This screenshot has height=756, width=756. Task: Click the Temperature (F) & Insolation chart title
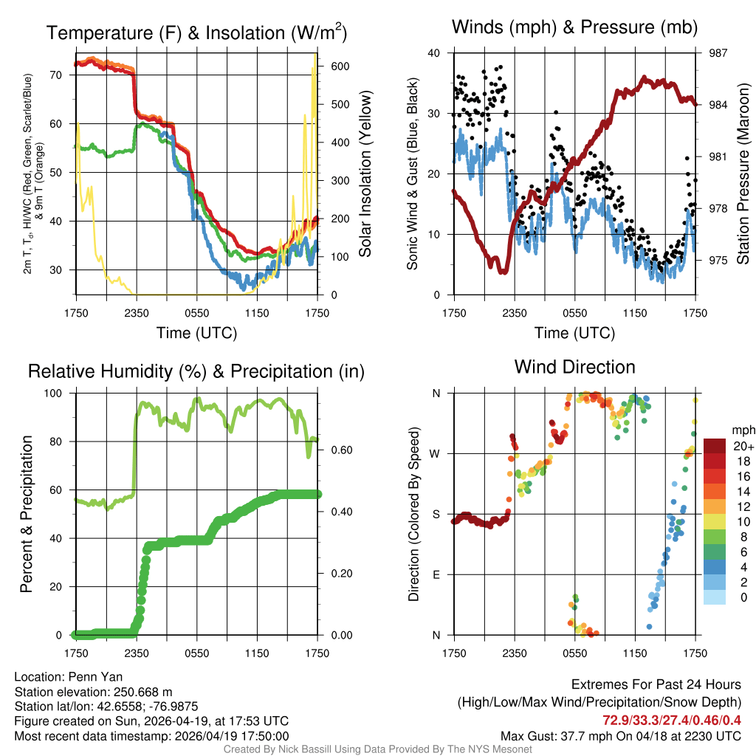197,32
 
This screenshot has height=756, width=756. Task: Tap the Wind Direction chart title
574,367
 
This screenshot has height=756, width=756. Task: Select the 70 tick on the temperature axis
55,75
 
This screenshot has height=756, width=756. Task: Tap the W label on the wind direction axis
436,453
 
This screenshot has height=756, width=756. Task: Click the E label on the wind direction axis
436,574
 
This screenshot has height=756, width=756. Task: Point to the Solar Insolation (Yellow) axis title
365,174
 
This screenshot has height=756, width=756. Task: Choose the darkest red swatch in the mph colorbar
714,446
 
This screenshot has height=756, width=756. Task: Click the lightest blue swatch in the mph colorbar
714,597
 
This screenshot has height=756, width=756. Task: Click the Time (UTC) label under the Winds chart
574,333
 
